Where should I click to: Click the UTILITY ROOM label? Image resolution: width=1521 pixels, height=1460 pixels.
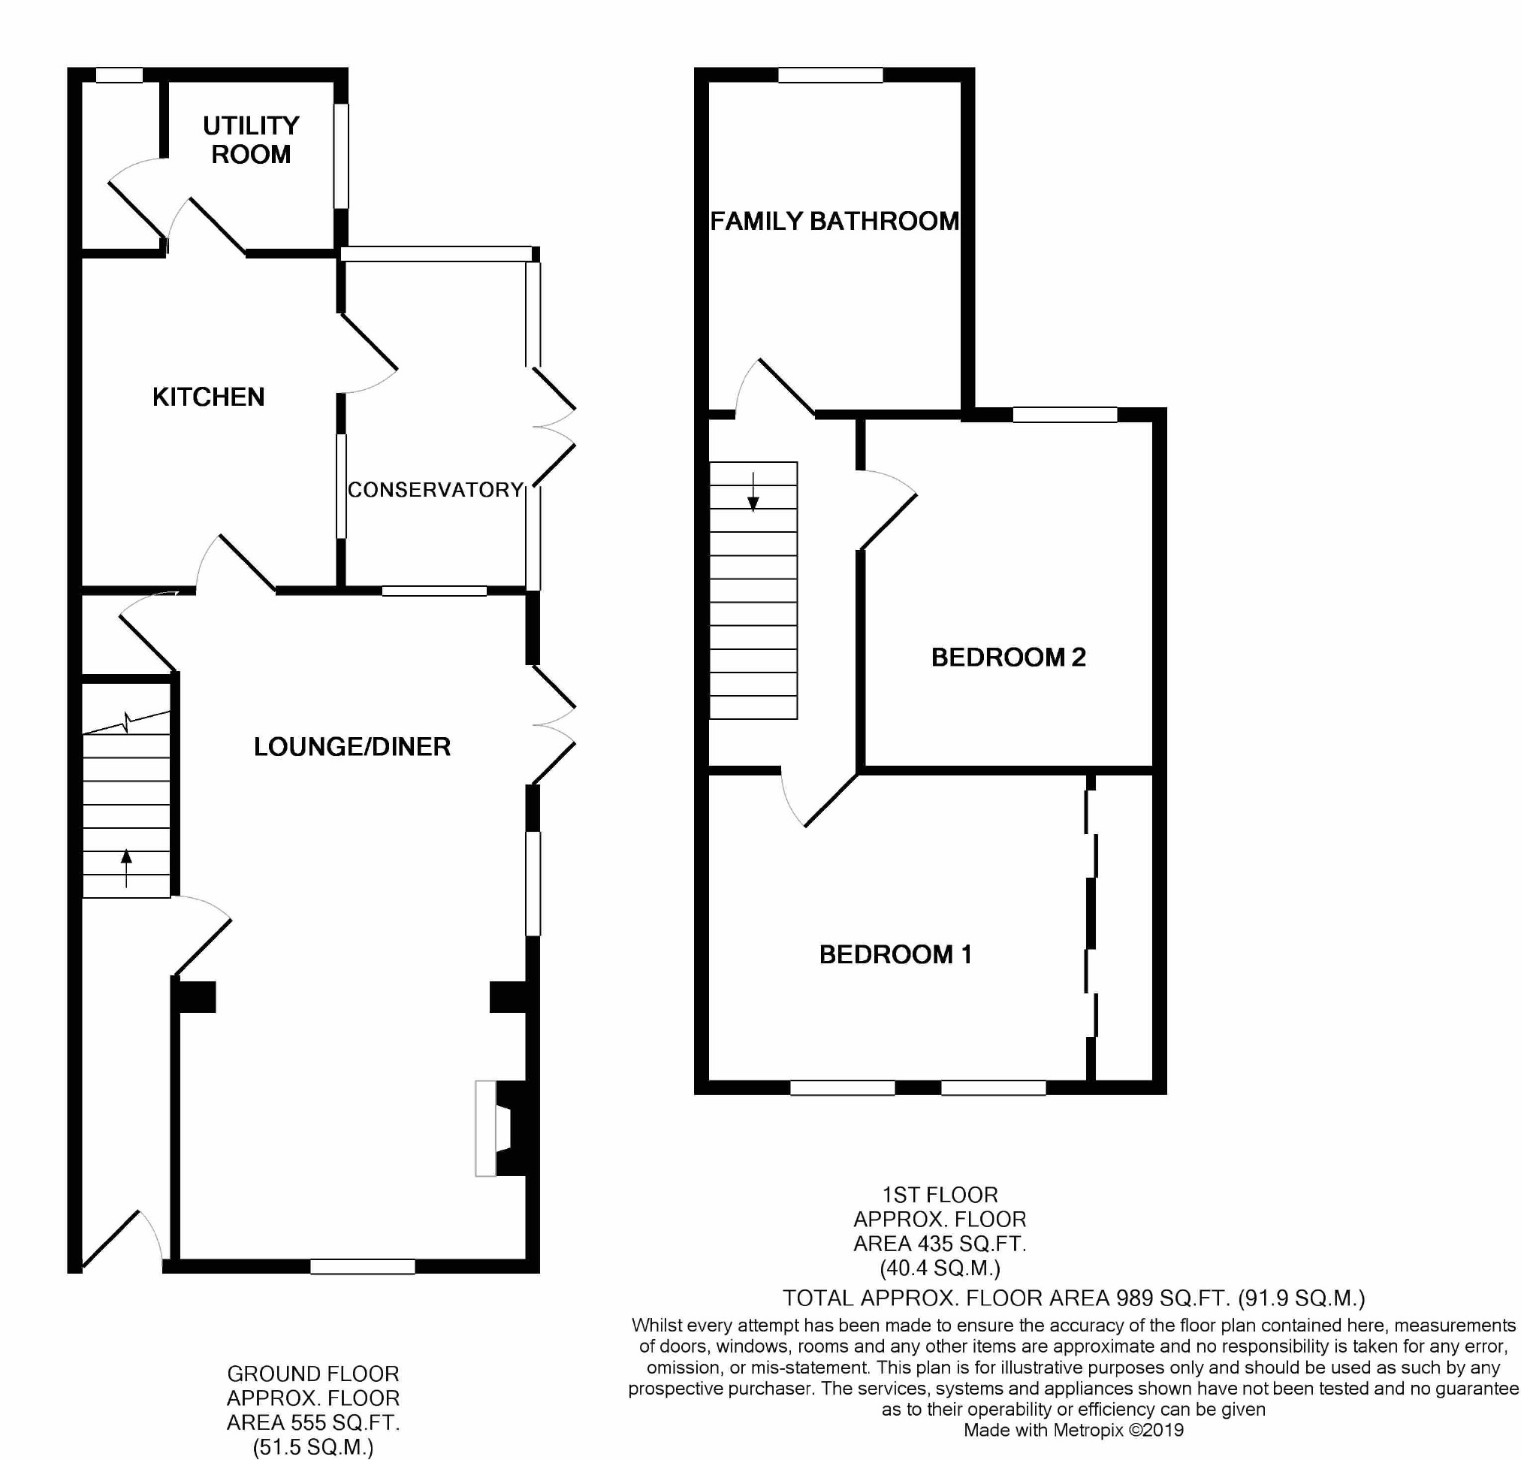pyautogui.click(x=251, y=140)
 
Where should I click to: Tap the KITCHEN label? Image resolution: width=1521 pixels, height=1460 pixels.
pyautogui.click(x=209, y=397)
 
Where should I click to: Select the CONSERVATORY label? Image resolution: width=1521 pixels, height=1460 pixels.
pyautogui.click(x=436, y=490)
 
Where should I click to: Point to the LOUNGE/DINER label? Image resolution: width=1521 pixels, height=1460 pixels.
pyautogui.click(x=352, y=747)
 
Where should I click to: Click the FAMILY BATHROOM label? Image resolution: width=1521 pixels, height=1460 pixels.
pyautogui.click(x=835, y=221)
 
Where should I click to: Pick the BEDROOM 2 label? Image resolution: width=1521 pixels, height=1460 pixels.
pyautogui.click(x=1008, y=657)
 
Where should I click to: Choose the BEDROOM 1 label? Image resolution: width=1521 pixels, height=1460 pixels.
pyautogui.click(x=895, y=954)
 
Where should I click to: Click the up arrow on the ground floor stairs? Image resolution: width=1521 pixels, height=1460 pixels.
pyautogui.click(x=126, y=868)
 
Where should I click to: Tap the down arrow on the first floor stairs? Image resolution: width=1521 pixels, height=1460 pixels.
pyautogui.click(x=753, y=492)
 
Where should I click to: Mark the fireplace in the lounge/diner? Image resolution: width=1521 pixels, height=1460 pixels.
pyautogui.click(x=505, y=1129)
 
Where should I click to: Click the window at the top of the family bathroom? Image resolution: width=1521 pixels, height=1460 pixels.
pyautogui.click(x=830, y=75)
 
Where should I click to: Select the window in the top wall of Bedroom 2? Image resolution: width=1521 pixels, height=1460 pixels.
pyautogui.click(x=1065, y=416)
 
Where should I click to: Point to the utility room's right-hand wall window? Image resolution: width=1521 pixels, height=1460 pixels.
pyautogui.click(x=342, y=156)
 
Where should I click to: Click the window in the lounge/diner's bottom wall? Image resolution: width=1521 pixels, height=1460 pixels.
pyautogui.click(x=362, y=1267)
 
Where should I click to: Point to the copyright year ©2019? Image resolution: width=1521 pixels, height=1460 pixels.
pyautogui.click(x=1156, y=1430)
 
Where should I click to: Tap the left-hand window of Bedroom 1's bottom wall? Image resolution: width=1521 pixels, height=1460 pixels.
pyautogui.click(x=842, y=1087)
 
